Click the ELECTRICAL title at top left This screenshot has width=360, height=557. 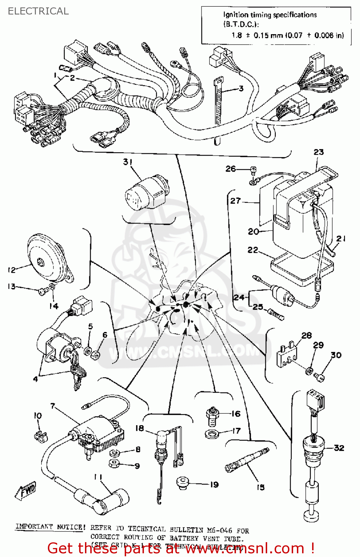[38, 11]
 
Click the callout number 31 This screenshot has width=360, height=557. [128, 162]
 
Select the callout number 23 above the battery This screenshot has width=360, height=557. [318, 152]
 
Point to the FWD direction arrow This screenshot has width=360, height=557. [26, 491]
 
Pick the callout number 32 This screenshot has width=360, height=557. [339, 448]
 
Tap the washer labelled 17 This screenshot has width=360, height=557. [212, 433]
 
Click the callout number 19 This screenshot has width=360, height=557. [214, 485]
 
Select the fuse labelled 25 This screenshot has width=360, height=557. [276, 314]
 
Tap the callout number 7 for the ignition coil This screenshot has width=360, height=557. [53, 406]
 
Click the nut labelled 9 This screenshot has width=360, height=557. [115, 463]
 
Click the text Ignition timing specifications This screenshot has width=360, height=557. [270, 15]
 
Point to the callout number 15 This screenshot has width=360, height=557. [261, 487]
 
